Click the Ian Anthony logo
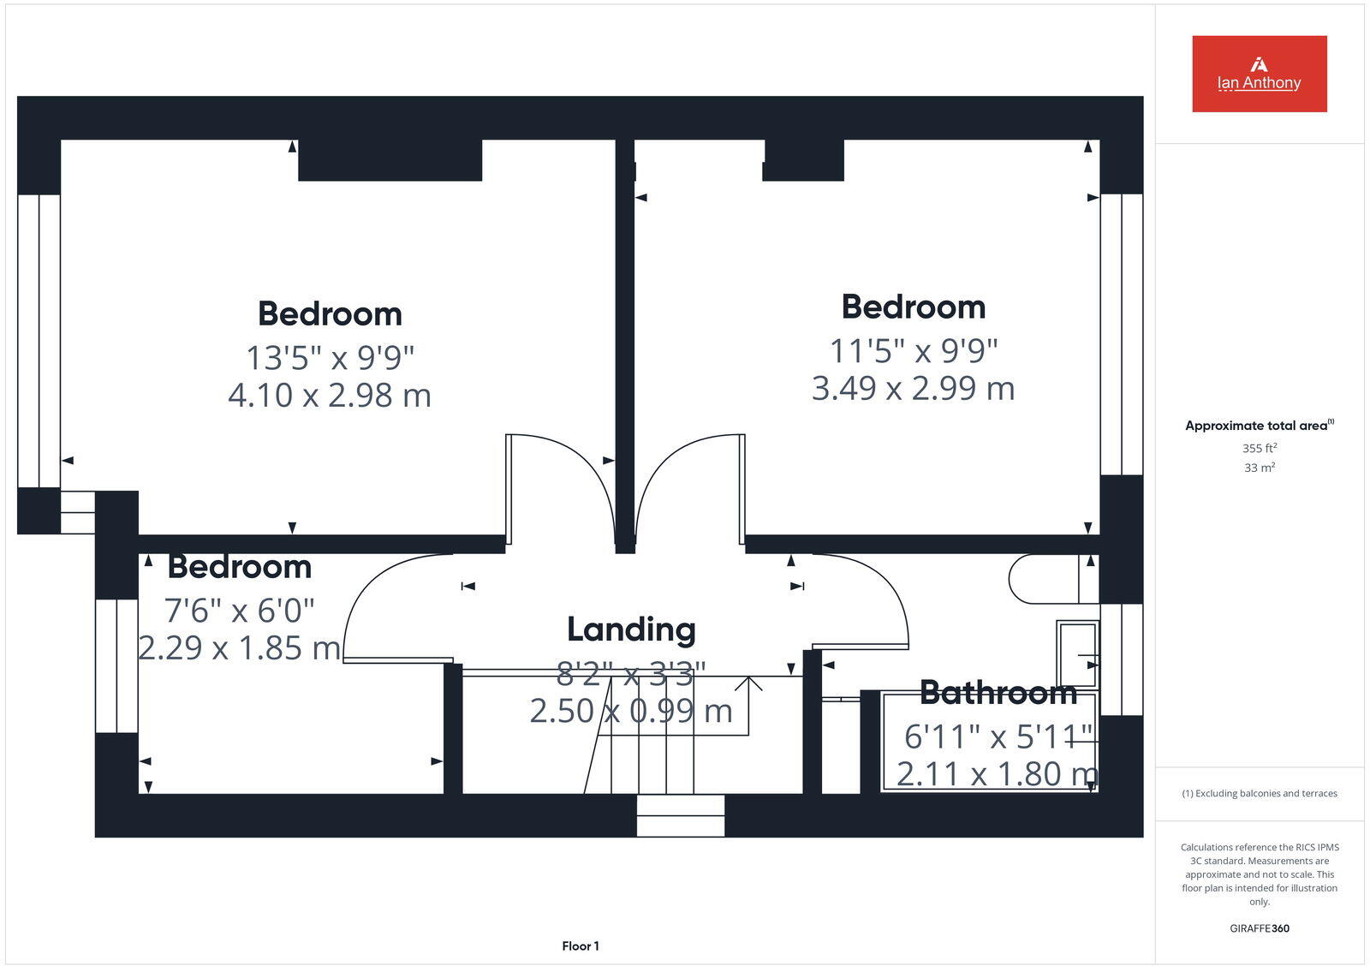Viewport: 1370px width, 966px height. coord(1259,74)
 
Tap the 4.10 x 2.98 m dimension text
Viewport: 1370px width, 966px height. coord(330,395)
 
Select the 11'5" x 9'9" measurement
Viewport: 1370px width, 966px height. coord(914,350)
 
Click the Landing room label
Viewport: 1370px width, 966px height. coord(631,629)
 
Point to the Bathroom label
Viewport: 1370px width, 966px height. coord(998,692)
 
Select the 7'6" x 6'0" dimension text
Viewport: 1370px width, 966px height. coord(239,611)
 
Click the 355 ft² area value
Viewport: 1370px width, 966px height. coord(1260,448)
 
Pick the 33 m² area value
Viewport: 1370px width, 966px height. coord(1260,468)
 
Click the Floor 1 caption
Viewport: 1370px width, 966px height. coord(581,946)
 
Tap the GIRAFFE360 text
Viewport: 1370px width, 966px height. coord(1260,928)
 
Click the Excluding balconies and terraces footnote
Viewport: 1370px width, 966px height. coord(1260,793)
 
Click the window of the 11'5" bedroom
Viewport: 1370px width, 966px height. coord(1121,334)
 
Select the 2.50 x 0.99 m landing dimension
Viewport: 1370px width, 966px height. coord(631,711)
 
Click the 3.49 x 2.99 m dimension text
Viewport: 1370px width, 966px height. coord(914,388)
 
